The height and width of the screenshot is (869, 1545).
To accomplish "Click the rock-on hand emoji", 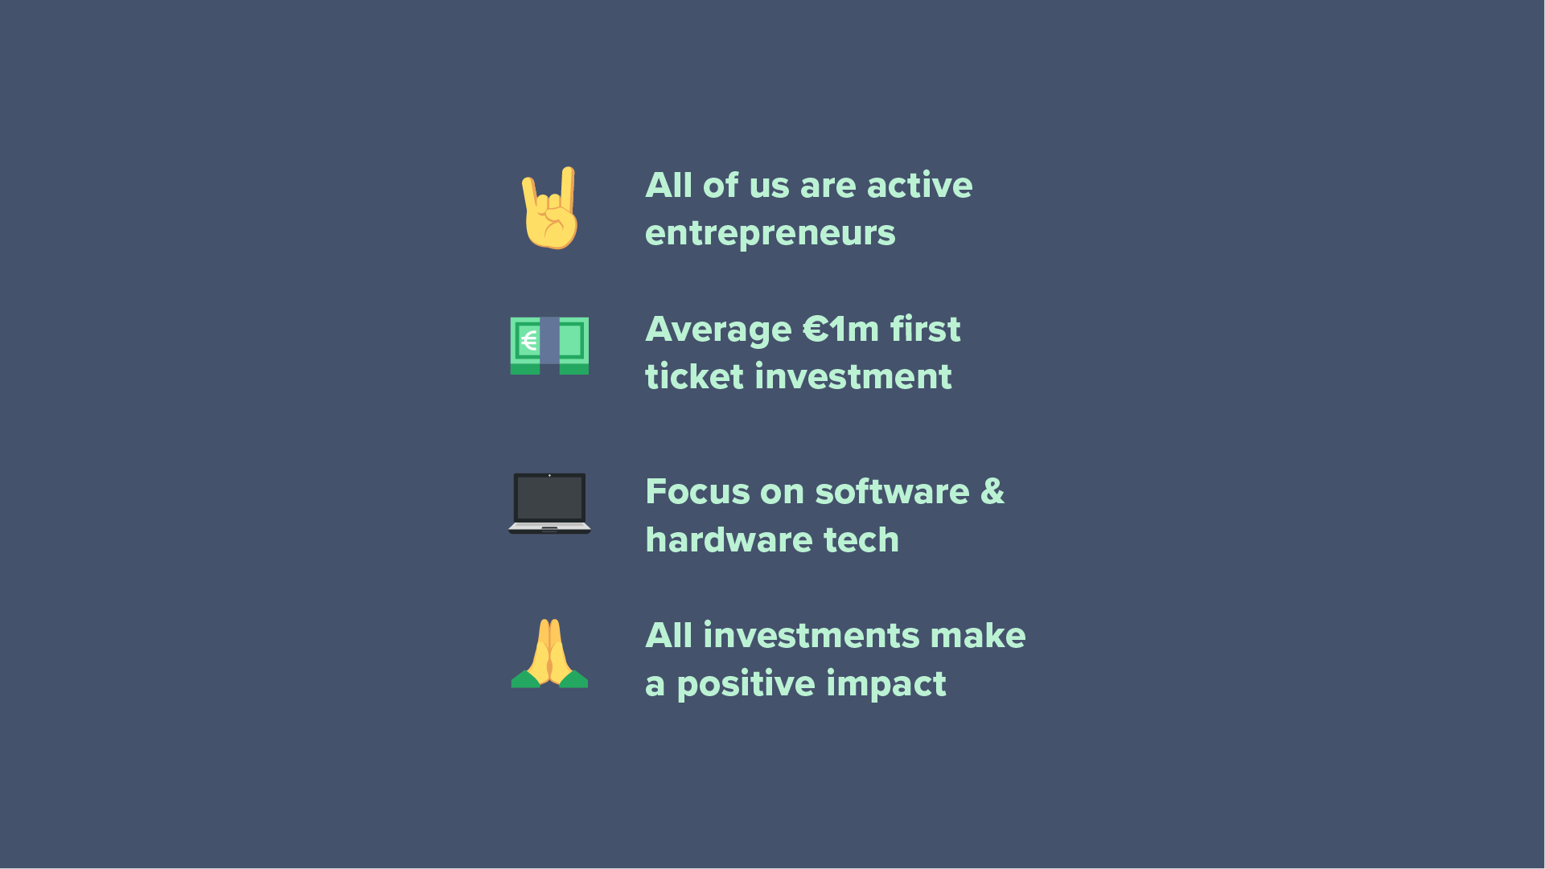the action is pos(551,208).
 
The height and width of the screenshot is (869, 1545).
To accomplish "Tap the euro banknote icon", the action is pos(549,346).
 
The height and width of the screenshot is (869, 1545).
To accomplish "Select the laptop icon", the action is pos(549,503).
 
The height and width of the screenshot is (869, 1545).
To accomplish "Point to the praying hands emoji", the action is pos(549,654).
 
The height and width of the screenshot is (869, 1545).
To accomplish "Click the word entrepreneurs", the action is pos(770,234).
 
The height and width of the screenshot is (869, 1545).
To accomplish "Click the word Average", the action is pos(718,330).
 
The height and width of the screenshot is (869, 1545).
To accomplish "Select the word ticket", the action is pos(694,377).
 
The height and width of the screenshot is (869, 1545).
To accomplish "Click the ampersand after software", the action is pos(992,492).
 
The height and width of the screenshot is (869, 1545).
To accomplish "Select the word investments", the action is pos(812,636).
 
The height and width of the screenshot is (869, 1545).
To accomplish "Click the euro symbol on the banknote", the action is pos(528,341).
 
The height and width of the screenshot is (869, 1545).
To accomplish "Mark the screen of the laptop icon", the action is pos(549,498).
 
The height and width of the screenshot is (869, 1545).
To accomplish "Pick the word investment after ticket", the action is pos(853,377).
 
